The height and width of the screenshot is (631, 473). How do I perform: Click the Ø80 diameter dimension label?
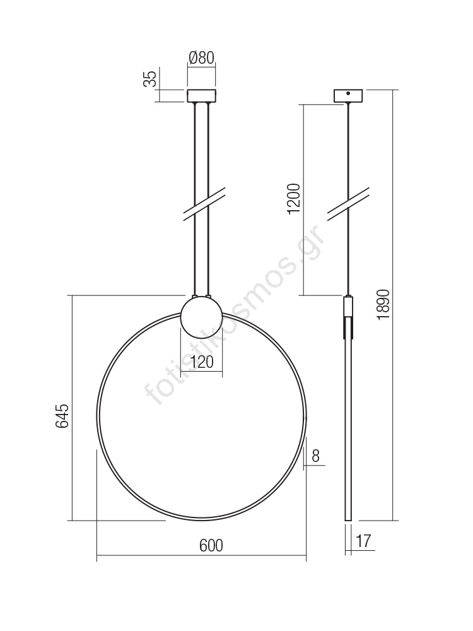(202, 58)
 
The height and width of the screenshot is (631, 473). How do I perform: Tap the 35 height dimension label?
(150, 79)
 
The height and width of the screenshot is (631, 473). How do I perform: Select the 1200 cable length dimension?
(294, 199)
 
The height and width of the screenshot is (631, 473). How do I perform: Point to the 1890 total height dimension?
(383, 305)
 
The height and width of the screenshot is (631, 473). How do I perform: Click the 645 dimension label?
(62, 416)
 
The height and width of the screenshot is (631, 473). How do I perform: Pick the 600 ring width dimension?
(211, 545)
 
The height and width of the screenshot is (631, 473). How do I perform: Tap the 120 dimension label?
(202, 362)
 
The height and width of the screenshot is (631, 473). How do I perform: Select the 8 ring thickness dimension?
(316, 456)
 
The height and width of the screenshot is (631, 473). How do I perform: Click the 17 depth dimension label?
(363, 541)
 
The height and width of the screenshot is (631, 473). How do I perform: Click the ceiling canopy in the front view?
(202, 96)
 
